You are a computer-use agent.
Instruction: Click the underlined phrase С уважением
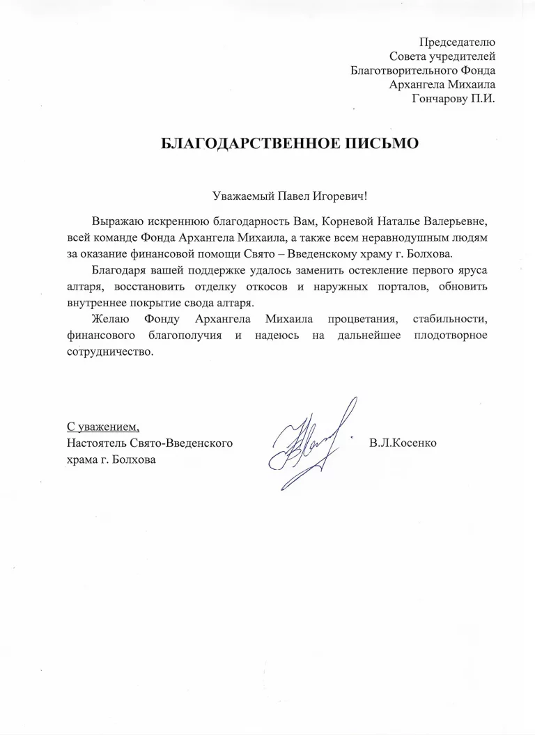point(103,427)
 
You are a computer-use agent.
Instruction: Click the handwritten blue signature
point(311,441)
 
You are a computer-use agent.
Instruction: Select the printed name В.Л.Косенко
point(405,443)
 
